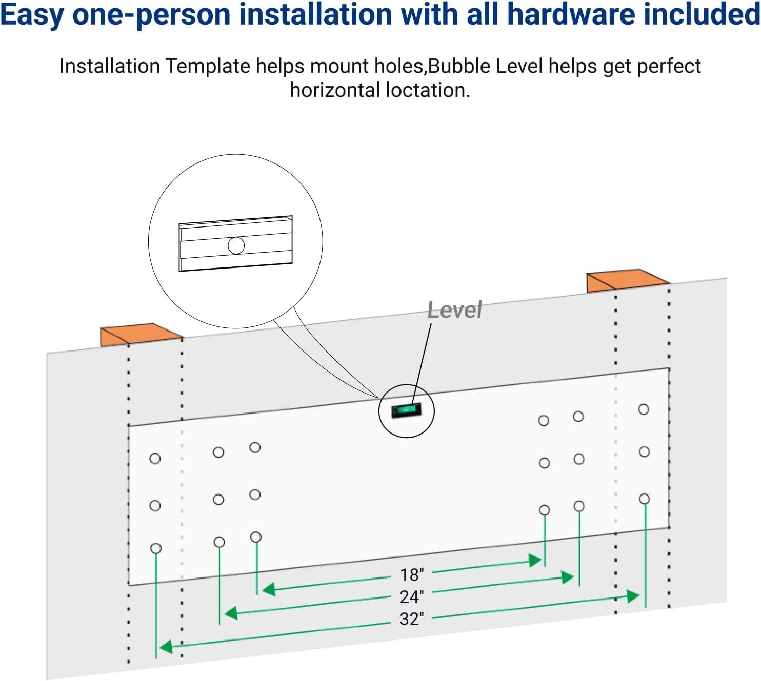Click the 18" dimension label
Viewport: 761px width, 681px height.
click(x=412, y=574)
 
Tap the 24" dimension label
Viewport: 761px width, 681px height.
click(x=412, y=596)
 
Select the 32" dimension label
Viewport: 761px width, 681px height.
click(x=412, y=619)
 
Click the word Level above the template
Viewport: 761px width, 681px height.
click(x=454, y=310)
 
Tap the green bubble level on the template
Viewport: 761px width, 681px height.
click(x=406, y=410)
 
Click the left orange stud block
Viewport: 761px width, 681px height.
click(x=140, y=334)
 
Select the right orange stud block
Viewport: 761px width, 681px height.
click(x=627, y=280)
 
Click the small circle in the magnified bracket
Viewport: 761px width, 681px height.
click(x=236, y=245)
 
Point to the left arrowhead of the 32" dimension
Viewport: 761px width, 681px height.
click(x=165, y=647)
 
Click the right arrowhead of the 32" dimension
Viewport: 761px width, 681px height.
click(x=633, y=596)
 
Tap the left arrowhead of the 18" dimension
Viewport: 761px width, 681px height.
click(x=268, y=589)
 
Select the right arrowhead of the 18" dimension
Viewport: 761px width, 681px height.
click(x=535, y=560)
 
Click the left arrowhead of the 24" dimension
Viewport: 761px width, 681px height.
click(x=230, y=612)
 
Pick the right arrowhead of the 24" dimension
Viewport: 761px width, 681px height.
click(x=568, y=577)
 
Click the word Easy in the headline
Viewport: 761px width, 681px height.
click(x=32, y=15)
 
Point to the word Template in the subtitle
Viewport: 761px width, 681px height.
click(x=208, y=67)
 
